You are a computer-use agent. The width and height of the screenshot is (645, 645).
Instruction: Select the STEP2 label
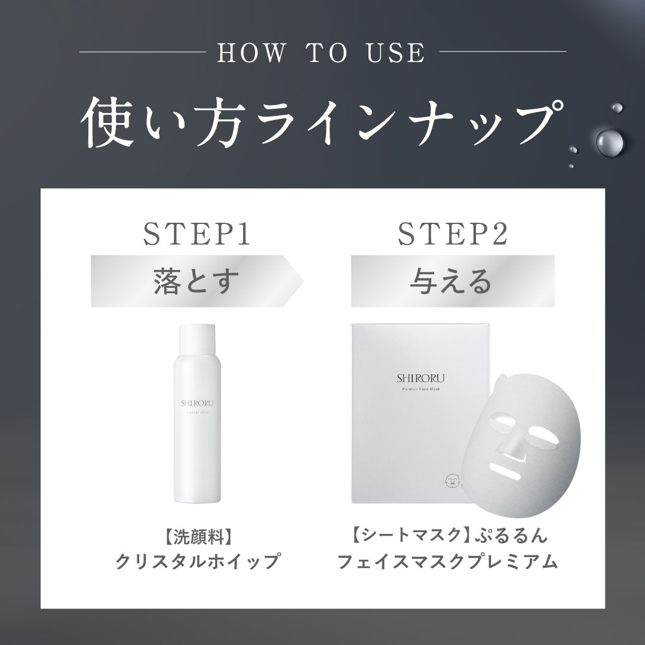pos(452,234)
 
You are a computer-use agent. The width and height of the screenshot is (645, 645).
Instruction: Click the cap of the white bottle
pos(195,339)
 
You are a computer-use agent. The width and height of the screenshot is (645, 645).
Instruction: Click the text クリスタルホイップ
pos(197,561)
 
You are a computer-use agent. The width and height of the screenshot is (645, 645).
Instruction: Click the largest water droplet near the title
pos(610,142)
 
